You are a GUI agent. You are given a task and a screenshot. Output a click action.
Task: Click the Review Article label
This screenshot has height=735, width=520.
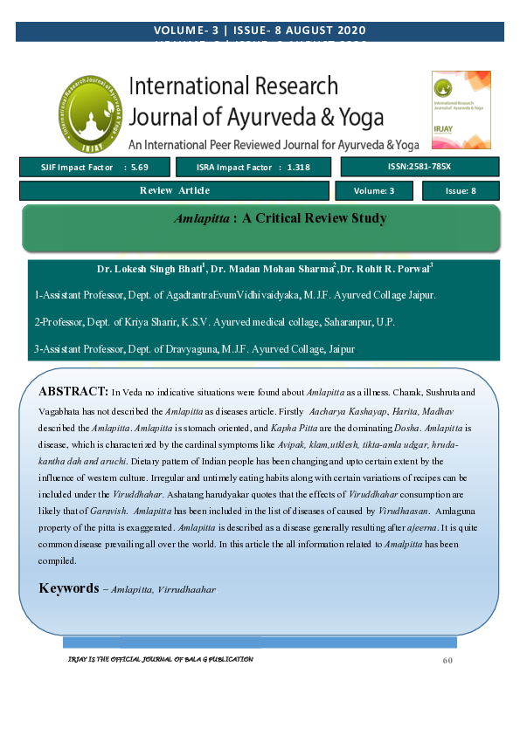pyautogui.click(x=175, y=190)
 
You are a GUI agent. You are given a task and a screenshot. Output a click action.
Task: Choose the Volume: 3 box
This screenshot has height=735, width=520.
pyautogui.click(x=374, y=190)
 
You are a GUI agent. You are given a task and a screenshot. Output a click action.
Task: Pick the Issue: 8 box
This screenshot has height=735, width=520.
pyautogui.click(x=461, y=190)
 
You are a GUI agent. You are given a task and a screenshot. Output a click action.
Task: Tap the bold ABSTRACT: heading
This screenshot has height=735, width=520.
pyautogui.click(x=73, y=390)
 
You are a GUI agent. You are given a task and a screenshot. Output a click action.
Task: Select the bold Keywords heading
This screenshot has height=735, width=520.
pyautogui.click(x=68, y=588)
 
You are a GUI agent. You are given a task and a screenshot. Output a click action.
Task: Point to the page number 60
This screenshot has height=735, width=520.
pyautogui.click(x=447, y=660)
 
